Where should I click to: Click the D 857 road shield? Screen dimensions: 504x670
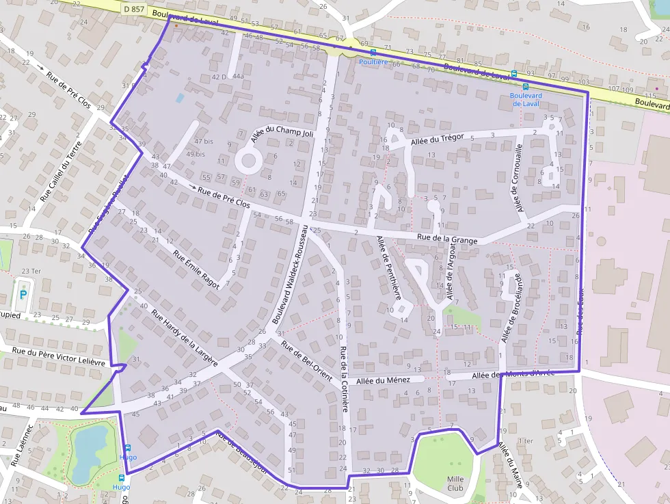133,9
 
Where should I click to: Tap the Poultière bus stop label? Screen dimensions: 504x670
373,62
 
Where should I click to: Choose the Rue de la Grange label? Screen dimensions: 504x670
448,239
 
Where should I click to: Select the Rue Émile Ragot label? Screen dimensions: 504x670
196,269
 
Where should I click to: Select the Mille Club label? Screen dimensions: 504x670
455,483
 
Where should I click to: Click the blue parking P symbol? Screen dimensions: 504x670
23,295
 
